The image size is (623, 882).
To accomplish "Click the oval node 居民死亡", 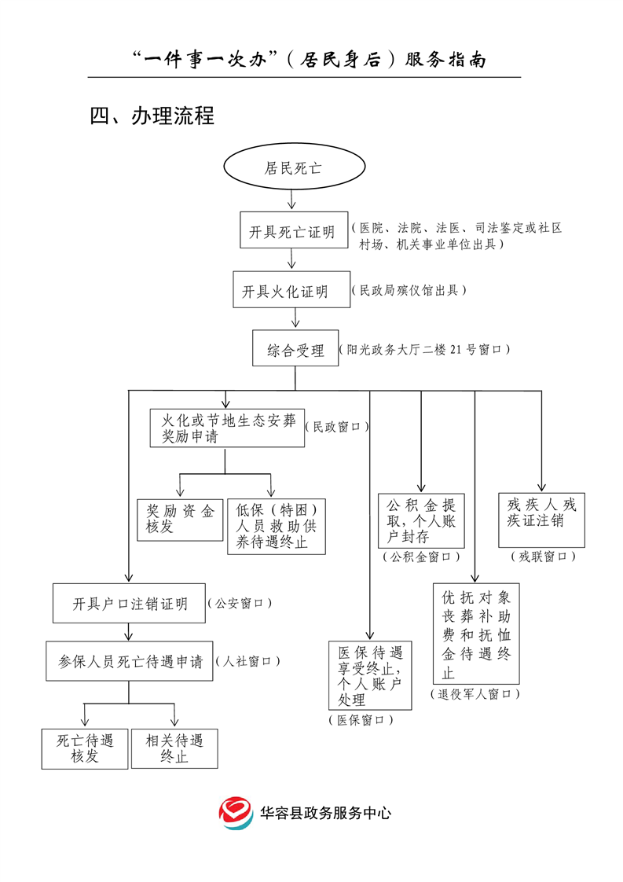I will click(294, 168).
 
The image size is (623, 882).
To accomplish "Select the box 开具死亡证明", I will click(292, 233).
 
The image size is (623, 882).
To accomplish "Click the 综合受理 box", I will click(295, 349).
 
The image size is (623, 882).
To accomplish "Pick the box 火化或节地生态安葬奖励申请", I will click(227, 428).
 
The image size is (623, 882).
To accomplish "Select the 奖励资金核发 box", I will click(180, 520).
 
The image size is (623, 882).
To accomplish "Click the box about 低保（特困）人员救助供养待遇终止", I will click(277, 525).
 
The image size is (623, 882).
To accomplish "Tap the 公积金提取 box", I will click(421, 520).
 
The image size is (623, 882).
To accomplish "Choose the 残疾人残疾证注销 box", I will click(541, 520).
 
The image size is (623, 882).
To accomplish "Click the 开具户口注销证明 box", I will click(130, 604).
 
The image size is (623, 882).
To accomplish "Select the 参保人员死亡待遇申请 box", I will click(130, 662).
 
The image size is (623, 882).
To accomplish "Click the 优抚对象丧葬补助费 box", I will click(476, 634).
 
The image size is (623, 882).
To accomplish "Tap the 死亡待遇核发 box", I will click(85, 748).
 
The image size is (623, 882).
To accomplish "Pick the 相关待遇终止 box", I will click(174, 748).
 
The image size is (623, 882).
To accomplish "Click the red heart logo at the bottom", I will click(236, 814).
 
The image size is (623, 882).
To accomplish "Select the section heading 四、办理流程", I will click(152, 116).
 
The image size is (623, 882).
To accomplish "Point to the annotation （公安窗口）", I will click(240, 604).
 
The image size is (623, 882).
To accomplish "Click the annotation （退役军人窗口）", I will click(475, 694).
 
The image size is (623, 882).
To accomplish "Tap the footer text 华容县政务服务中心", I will click(325, 814).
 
